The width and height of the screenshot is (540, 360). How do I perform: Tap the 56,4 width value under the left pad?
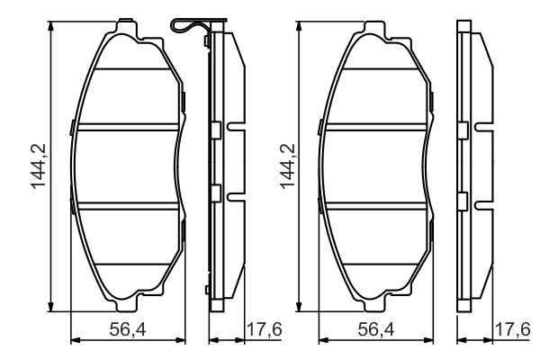(127, 331)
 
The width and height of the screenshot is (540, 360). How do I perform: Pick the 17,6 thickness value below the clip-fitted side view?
(264, 331)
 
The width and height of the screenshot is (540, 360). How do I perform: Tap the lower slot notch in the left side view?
(234, 196)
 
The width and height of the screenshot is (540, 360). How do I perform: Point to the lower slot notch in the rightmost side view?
(483, 196)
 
